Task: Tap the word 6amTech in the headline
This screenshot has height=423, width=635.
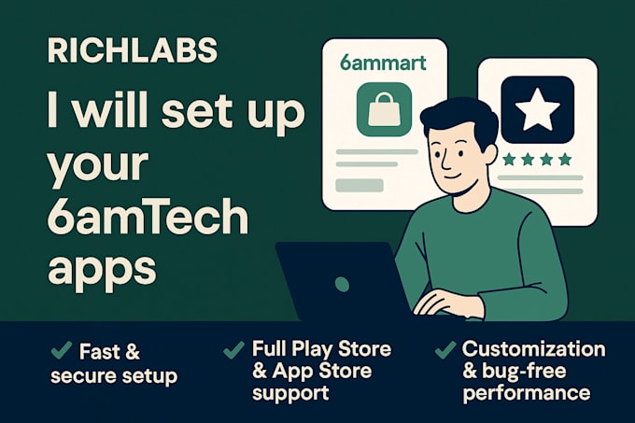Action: pos(148,219)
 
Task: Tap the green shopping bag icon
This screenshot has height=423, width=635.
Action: pos(384,110)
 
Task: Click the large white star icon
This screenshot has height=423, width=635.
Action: pos(537,110)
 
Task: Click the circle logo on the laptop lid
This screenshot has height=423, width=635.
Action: pos(343,282)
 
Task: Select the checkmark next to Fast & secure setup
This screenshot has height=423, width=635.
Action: pos(63,351)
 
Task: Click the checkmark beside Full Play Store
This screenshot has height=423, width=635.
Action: pos(233,351)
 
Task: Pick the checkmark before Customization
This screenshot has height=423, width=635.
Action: pos(445,351)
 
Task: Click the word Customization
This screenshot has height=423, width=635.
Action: pos(534,350)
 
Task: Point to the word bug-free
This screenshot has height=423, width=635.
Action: pos(519,372)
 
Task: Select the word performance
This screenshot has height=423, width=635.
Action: pos(526,393)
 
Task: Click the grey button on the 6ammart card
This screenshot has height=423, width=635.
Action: pos(360,185)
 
